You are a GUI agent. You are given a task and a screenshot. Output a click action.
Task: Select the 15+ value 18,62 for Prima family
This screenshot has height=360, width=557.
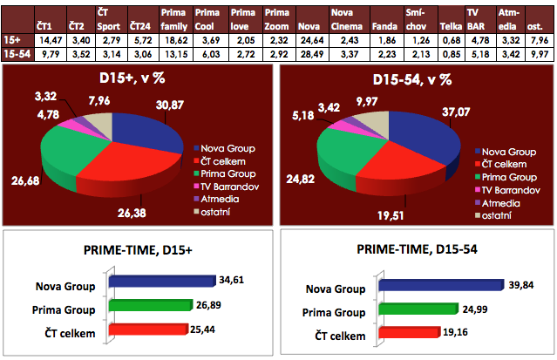[175, 40]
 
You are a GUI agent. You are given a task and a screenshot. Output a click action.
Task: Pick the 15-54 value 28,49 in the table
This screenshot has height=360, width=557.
[311, 54]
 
